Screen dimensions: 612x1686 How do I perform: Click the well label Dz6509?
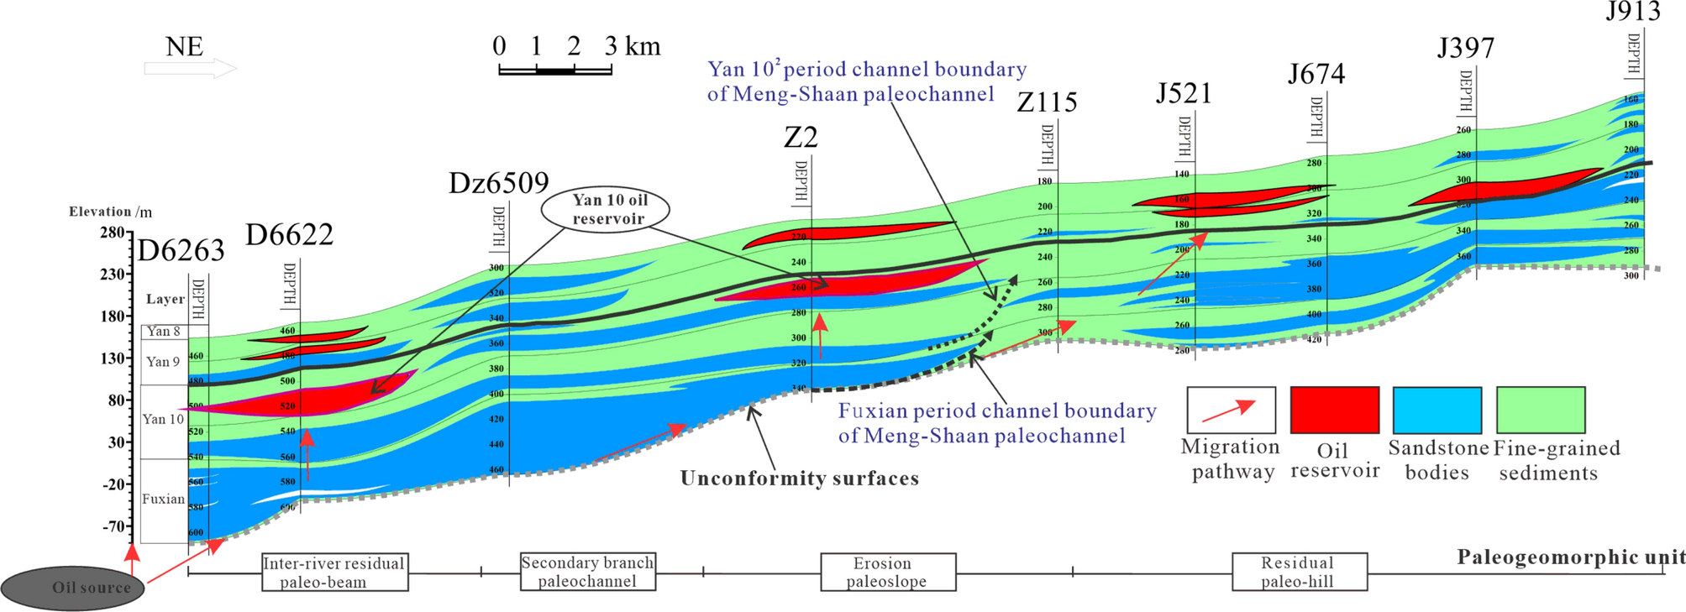point(498,183)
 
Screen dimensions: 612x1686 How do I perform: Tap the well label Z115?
point(1046,102)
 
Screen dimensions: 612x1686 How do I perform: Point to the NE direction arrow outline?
point(191,69)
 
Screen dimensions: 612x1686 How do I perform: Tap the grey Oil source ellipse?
point(72,587)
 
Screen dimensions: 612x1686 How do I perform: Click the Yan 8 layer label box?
point(164,332)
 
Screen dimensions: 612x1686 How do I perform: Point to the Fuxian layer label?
point(163,499)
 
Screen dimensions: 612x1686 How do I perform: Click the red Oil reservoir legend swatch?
point(1334,410)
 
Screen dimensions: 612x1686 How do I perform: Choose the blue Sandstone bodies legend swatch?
point(1437,410)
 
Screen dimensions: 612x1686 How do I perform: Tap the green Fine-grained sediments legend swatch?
point(1541,410)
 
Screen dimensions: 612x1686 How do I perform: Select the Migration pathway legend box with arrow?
point(1231,410)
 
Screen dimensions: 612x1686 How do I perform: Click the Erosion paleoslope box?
point(887,572)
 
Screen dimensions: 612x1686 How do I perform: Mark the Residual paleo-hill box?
point(1299,572)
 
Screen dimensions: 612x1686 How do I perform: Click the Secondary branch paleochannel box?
point(587,572)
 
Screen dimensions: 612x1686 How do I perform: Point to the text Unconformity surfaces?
point(799,479)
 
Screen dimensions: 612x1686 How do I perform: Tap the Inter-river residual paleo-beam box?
point(334,572)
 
